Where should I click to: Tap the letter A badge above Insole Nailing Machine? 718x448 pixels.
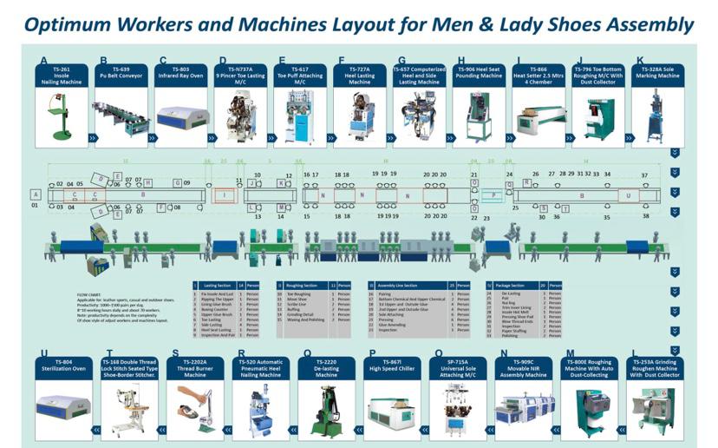click(x=43, y=62)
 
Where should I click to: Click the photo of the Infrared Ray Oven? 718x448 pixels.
click(x=180, y=117)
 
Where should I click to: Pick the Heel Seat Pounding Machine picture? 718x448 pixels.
click(x=479, y=117)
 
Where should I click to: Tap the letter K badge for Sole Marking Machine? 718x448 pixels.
click(x=640, y=62)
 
